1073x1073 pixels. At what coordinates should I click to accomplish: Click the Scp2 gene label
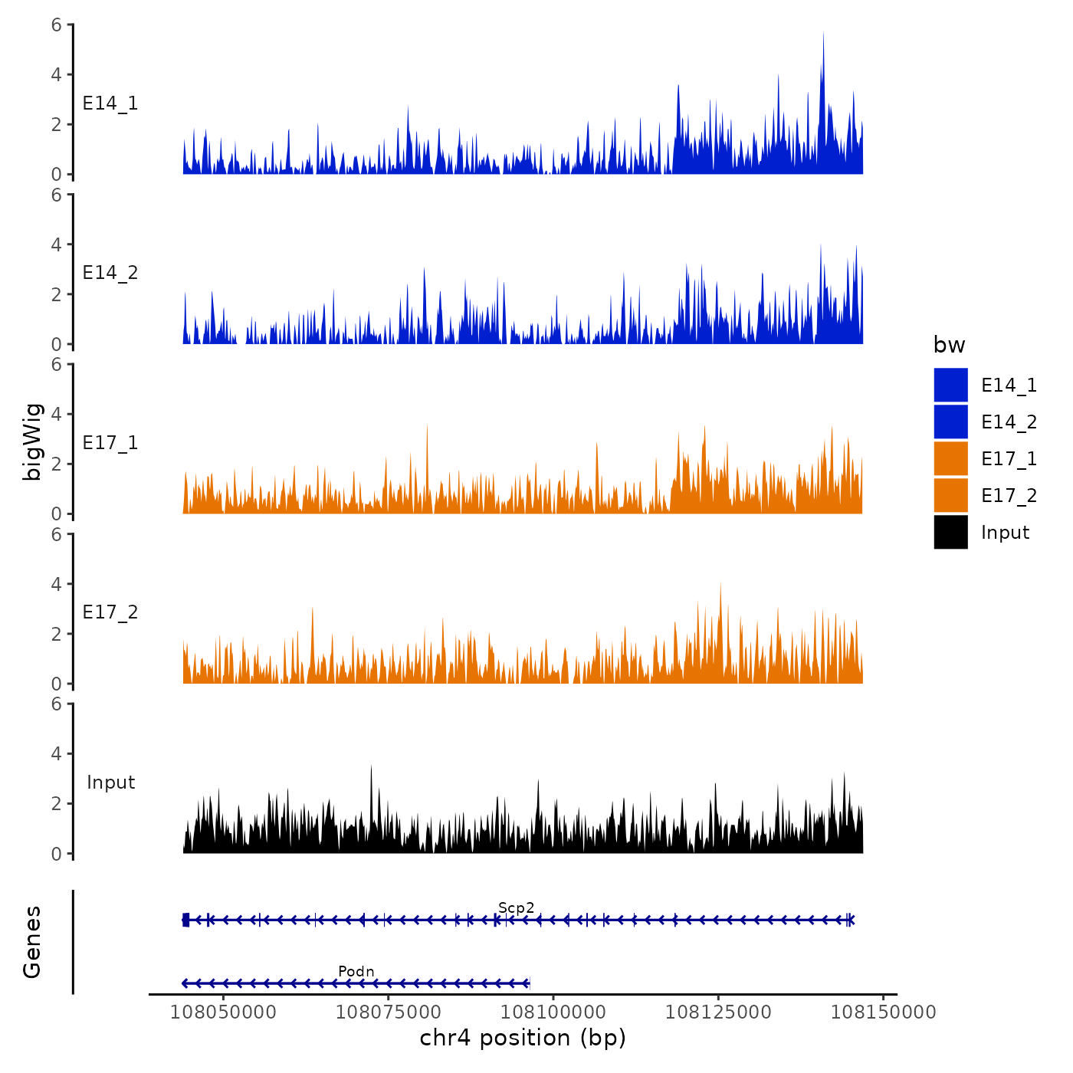point(516,908)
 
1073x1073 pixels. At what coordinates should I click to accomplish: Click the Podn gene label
point(356,972)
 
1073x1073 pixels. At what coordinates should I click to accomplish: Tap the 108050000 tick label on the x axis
point(223,1012)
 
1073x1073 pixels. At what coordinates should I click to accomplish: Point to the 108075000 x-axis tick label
point(388,1012)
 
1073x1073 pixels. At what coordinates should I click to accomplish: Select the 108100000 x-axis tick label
point(553,1012)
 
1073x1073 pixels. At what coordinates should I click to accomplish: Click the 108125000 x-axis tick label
point(718,1012)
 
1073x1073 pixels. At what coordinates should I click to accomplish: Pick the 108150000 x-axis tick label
point(883,1012)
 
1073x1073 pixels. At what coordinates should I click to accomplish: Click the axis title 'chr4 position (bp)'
point(523,1038)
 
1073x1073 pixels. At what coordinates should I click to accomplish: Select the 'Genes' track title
point(32,942)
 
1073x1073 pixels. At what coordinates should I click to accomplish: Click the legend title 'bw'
point(949,345)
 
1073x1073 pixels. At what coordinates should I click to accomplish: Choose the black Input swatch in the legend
point(950,532)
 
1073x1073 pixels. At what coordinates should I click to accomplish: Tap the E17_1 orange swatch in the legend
point(950,458)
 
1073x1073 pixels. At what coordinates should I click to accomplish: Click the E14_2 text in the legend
point(1009,422)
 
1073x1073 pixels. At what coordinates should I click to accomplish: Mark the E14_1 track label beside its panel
point(110,103)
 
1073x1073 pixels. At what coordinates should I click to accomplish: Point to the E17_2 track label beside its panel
point(110,612)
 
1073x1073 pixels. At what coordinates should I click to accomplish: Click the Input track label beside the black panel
point(110,783)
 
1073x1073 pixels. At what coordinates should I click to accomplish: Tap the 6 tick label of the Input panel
point(56,704)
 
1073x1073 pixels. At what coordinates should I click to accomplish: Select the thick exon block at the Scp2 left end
point(185,920)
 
